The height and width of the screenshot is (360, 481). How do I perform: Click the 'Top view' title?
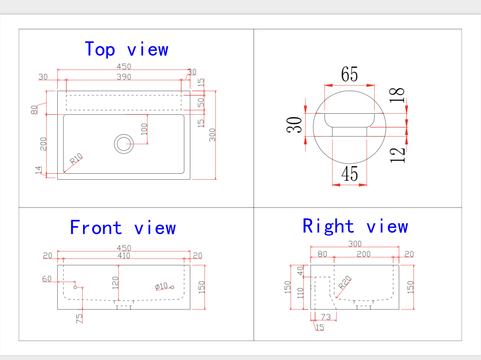pos(127,50)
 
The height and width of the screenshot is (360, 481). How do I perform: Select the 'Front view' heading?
pos(123,228)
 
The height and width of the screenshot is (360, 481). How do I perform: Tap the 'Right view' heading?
pos(355,226)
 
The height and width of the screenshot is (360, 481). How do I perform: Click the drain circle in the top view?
pos(124,144)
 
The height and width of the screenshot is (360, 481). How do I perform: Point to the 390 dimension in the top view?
pos(124,77)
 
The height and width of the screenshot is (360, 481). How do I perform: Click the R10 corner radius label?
pos(76,159)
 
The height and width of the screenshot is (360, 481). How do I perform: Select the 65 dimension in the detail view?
pos(349,74)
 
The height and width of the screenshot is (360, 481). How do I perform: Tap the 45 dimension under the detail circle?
pos(349,174)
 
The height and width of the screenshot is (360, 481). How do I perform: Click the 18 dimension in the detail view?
pos(397,95)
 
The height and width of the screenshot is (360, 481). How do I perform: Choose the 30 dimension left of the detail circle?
pos(295,125)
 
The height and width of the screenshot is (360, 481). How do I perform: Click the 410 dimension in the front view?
pos(124,256)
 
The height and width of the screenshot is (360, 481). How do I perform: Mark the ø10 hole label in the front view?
pos(161,286)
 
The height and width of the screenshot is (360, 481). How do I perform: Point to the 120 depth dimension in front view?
pos(115,282)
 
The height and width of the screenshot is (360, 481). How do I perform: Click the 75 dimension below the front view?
pos(79,318)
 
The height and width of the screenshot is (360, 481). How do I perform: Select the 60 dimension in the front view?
pos(47,279)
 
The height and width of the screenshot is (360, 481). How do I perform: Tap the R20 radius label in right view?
pos(345,282)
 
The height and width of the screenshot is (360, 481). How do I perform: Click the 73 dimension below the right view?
pos(326,317)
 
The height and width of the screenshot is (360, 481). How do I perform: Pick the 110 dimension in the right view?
pos(301,293)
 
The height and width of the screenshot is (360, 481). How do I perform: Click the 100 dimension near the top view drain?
pos(144,129)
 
